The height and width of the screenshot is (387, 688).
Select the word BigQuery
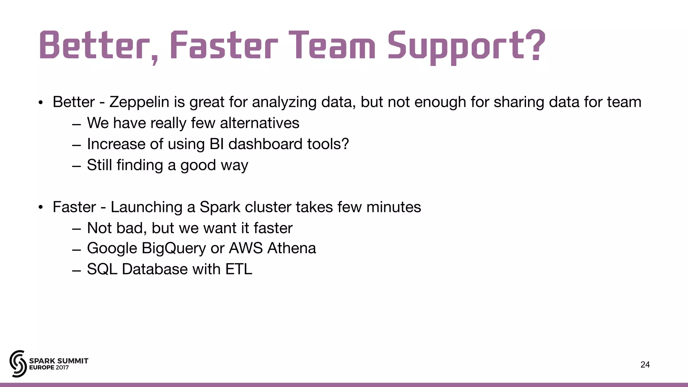pyautogui.click(x=174, y=249)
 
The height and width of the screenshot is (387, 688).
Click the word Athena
pyautogui.click(x=292, y=249)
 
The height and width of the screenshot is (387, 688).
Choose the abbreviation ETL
pyautogui.click(x=239, y=269)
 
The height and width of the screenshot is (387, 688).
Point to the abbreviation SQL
pyautogui.click(x=102, y=269)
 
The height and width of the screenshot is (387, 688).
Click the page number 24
pyautogui.click(x=645, y=364)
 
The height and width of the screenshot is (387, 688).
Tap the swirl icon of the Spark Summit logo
pyautogui.click(x=18, y=363)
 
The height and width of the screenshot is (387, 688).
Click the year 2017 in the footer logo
pyautogui.click(x=62, y=368)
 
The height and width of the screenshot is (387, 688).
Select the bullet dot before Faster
pyautogui.click(x=41, y=207)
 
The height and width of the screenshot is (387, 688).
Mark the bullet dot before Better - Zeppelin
pyautogui.click(x=41, y=102)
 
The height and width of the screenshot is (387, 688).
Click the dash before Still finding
pyautogui.click(x=77, y=166)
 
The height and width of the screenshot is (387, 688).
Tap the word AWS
pyautogui.click(x=246, y=249)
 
